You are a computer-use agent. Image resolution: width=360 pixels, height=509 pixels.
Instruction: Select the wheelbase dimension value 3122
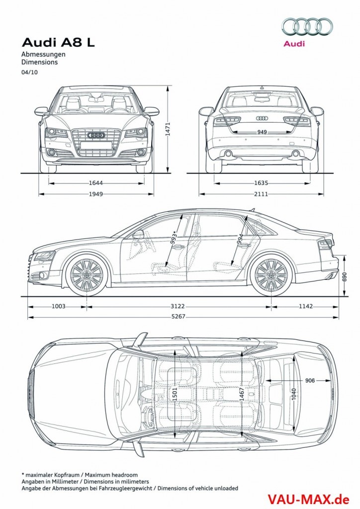(x=180, y=306)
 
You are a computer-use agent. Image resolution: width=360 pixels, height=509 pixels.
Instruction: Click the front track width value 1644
(x=97, y=183)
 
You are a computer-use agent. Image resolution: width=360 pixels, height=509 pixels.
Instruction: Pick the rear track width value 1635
(x=261, y=183)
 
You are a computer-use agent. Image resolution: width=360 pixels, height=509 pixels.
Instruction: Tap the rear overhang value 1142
(x=305, y=306)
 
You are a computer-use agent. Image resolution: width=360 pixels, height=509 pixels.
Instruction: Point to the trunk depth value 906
(x=310, y=381)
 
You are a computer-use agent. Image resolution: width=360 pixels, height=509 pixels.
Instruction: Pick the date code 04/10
(x=29, y=72)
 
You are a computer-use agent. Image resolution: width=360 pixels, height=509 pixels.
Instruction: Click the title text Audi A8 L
(x=58, y=43)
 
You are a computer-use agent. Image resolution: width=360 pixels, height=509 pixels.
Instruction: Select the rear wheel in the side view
(x=271, y=274)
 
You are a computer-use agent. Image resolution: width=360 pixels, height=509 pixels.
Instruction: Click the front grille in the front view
(x=96, y=139)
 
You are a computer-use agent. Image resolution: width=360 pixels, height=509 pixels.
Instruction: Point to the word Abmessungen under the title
(x=44, y=54)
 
